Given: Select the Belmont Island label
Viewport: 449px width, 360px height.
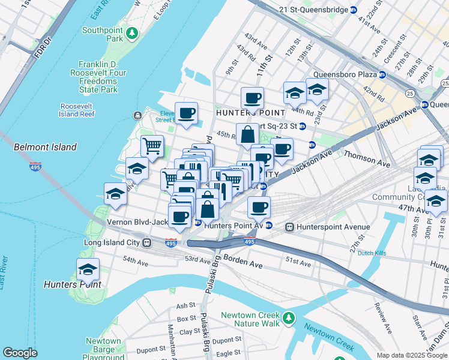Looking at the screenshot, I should tap(46, 147).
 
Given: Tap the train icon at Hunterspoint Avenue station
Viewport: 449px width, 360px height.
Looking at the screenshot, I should tap(289, 227).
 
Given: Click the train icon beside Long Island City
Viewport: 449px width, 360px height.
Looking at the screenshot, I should tap(146, 243).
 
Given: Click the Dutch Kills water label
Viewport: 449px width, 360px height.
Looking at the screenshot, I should tap(374, 253).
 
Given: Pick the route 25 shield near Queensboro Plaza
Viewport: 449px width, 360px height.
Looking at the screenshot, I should tap(409, 93).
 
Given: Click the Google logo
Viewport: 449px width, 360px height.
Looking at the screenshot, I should tap(20, 353).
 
